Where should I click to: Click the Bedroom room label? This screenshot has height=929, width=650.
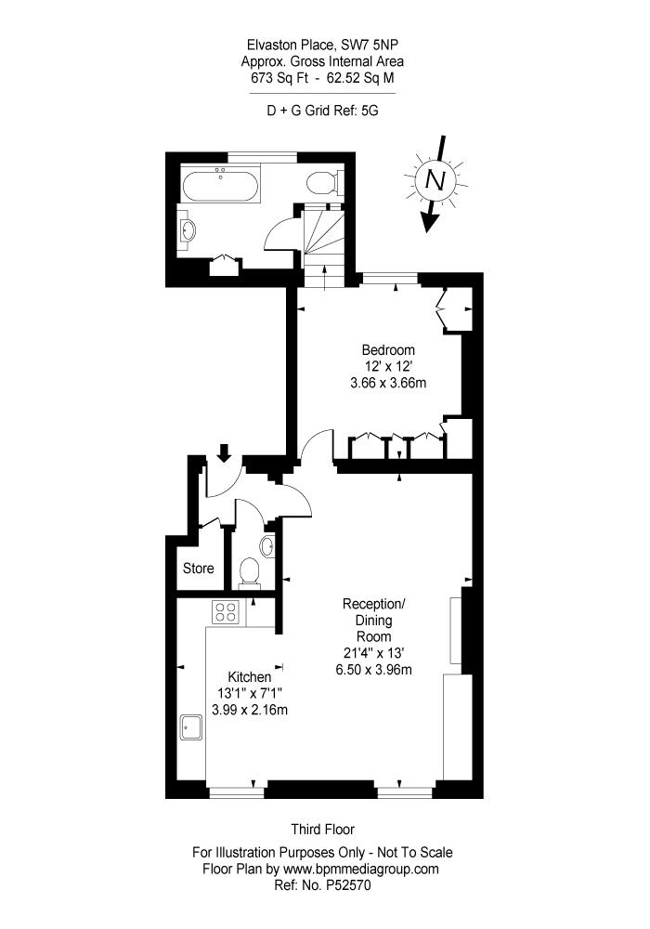[388, 349]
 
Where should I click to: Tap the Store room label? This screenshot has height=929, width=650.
[199, 569]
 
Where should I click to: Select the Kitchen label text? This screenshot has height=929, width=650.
[249, 676]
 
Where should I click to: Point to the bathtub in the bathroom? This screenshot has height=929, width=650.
[220, 186]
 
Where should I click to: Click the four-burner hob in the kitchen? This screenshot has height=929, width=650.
[227, 611]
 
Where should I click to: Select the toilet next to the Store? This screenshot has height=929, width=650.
[249, 571]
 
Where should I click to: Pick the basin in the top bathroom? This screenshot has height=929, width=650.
[188, 229]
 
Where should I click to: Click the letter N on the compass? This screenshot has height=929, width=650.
[435, 179]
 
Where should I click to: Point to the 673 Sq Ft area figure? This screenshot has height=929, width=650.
[279, 78]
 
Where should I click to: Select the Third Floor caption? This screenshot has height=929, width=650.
[322, 830]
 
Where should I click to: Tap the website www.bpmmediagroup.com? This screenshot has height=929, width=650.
[361, 870]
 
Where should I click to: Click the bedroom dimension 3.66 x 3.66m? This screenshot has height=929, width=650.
[388, 383]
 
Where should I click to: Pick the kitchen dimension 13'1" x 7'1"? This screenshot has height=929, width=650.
[250, 693]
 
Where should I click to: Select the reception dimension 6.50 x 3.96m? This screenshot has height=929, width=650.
[373, 670]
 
